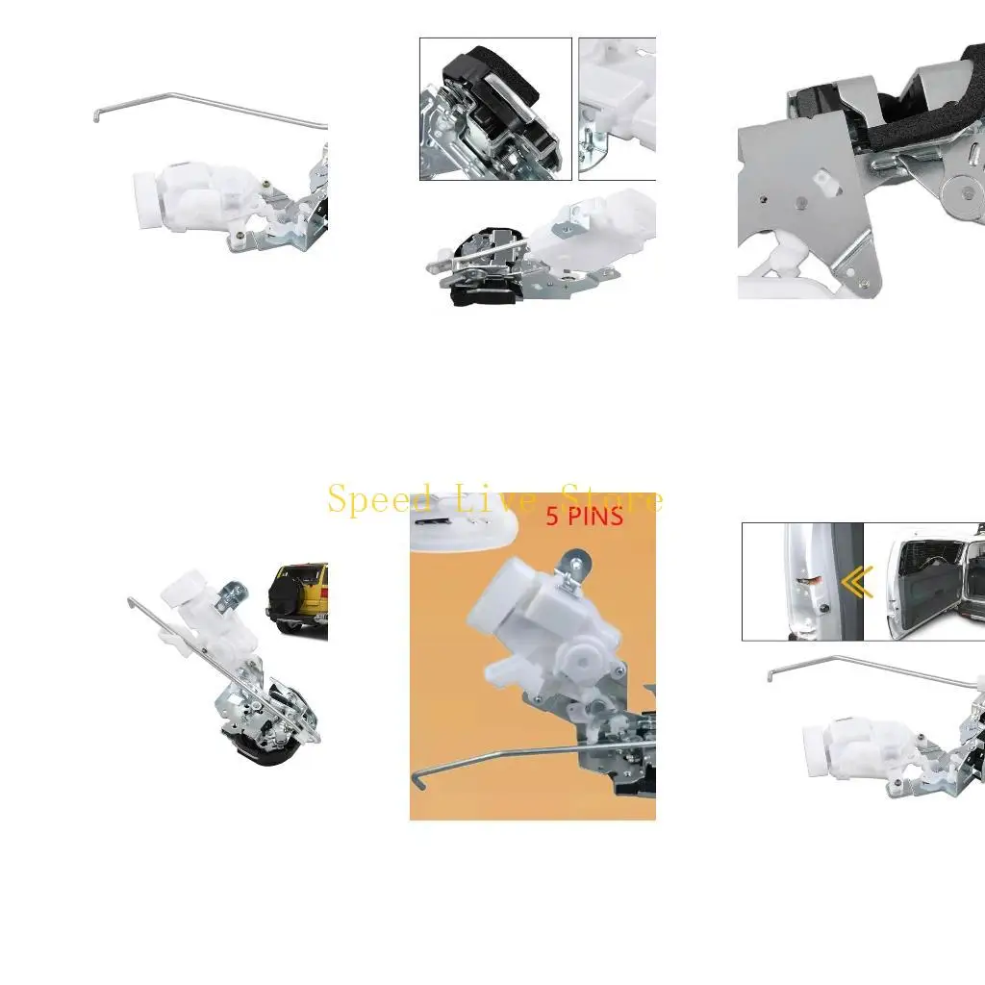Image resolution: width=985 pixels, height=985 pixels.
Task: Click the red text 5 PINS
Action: [x=584, y=517]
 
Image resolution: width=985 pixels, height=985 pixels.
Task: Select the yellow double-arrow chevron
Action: [x=856, y=581]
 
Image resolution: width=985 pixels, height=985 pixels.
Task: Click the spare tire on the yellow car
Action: [x=290, y=597]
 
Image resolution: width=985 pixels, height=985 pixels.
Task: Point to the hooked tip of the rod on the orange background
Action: [x=418, y=782]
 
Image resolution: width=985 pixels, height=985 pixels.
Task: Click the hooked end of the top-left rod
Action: [x=97, y=115]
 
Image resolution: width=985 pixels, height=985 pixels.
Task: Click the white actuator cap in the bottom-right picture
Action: [x=816, y=749]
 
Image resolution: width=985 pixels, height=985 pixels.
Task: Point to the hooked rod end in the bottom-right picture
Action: [x=770, y=675]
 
